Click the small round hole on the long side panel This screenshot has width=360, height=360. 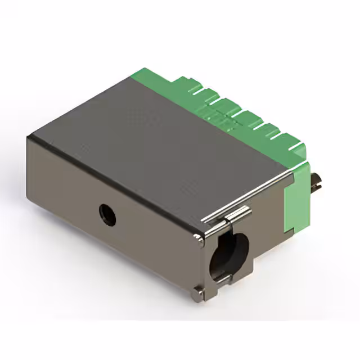(x=107, y=214)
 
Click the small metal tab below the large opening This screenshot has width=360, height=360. (x=223, y=279)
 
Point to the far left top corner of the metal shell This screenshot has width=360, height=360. (x=29, y=136)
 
